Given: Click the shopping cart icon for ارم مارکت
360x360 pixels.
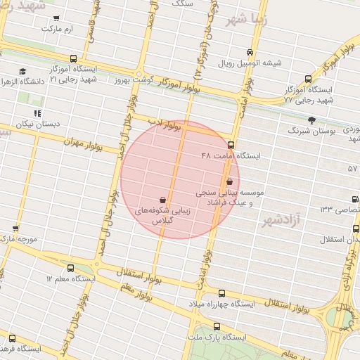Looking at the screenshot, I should pos(56,19).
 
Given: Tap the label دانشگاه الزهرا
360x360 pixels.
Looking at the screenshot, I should pos(22,82).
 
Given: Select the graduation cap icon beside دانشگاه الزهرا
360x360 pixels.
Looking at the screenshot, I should pos(22,72).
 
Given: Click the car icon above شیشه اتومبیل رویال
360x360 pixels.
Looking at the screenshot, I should pos(250,53).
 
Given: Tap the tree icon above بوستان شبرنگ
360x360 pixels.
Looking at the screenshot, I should pos(311,120).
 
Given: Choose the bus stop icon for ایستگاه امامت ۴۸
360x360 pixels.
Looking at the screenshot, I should pos(231,145).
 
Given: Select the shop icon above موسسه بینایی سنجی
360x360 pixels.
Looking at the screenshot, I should pos(230,181).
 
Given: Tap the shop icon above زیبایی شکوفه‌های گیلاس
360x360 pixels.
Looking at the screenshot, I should pos(163,200).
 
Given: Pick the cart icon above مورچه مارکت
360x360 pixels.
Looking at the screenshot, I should pos(15,229).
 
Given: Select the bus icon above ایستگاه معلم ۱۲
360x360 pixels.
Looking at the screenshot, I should pos(70,268).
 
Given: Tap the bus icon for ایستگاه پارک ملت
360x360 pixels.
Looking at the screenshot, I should pos(217,327).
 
